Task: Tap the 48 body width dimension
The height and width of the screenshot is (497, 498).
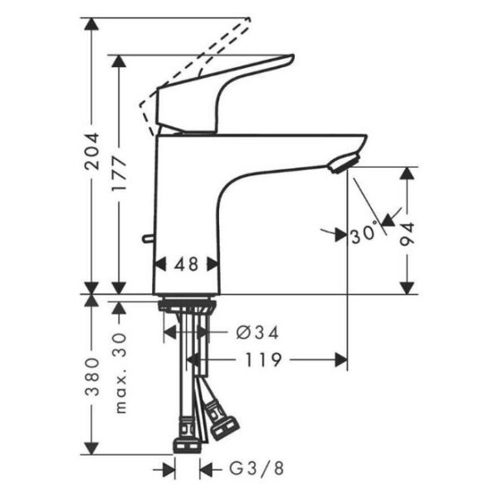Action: (187, 265)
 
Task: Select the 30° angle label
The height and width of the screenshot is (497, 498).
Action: (364, 235)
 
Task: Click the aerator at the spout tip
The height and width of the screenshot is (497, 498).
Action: (344, 163)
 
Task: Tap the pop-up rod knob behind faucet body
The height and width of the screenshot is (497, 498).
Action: (147, 241)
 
